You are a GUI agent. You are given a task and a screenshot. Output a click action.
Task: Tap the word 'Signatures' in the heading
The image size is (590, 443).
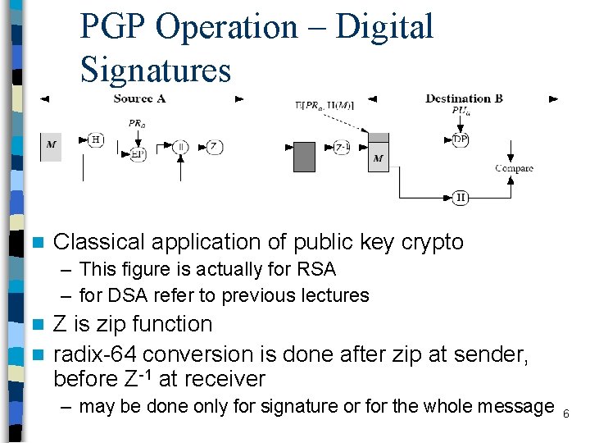(x=156, y=70)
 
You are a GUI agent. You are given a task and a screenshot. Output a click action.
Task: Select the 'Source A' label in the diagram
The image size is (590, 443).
(x=140, y=98)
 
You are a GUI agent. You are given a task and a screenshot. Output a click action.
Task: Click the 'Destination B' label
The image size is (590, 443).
(x=464, y=98)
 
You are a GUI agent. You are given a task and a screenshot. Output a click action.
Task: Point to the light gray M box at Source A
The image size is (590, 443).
(x=51, y=146)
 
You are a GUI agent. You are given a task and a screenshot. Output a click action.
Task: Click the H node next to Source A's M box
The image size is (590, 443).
(x=96, y=140)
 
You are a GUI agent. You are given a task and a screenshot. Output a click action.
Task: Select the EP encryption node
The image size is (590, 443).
(x=138, y=154)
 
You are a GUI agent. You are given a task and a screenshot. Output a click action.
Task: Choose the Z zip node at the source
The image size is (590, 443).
(x=214, y=147)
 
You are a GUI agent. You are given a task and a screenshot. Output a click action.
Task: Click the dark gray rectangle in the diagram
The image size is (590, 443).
(x=304, y=157)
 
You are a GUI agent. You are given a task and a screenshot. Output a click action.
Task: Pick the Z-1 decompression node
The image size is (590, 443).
(x=343, y=147)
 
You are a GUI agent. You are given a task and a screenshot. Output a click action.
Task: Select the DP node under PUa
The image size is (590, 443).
(x=461, y=139)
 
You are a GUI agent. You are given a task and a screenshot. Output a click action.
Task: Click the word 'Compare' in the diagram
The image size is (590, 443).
(x=514, y=168)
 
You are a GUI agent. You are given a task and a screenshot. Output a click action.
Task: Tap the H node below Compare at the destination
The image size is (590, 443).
(x=461, y=198)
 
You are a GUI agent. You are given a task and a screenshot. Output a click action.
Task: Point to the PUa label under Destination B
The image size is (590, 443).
(x=461, y=111)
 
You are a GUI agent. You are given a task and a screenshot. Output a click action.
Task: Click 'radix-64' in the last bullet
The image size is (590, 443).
(x=98, y=354)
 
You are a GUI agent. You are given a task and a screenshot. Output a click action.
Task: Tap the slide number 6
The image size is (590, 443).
(x=565, y=413)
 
